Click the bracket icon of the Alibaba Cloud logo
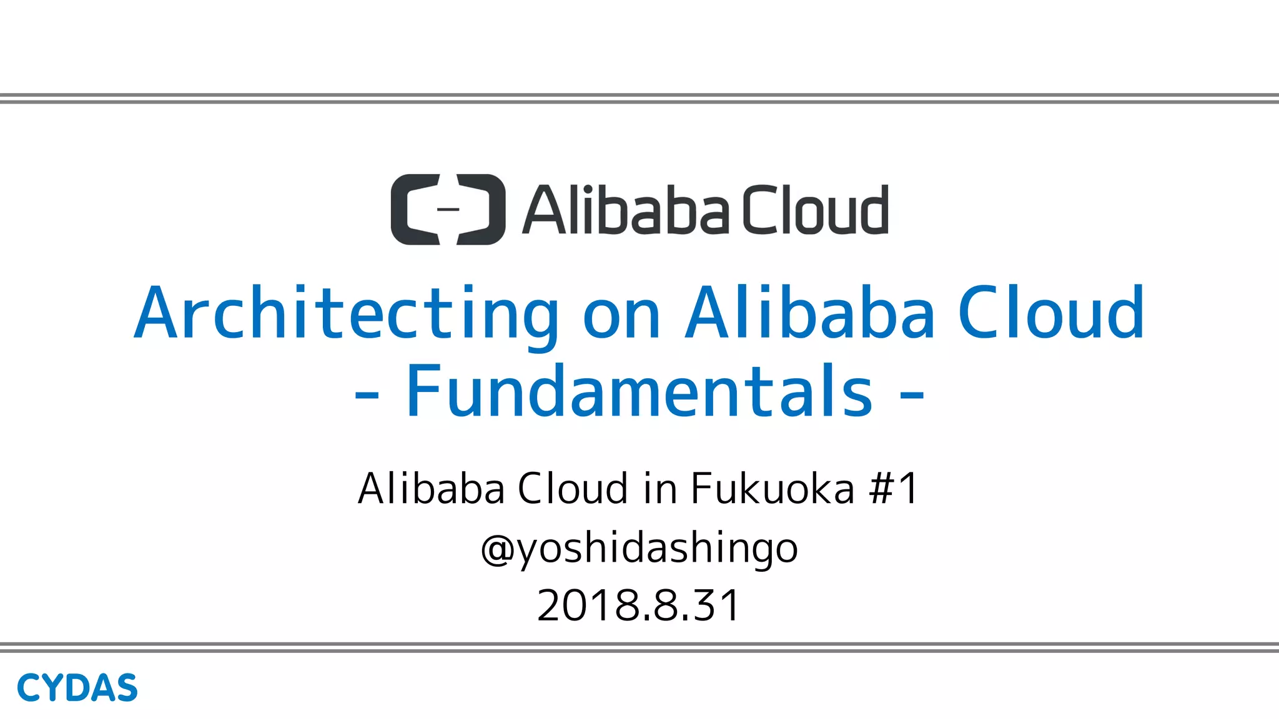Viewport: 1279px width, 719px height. click(447, 209)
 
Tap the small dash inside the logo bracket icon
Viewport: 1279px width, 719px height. click(448, 209)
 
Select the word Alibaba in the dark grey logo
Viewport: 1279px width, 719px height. click(625, 210)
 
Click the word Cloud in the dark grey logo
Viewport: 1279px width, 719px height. click(815, 210)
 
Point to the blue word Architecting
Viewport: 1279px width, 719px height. click(347, 313)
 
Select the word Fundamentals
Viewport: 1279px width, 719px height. click(639, 391)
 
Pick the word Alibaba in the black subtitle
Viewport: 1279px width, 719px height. click(431, 488)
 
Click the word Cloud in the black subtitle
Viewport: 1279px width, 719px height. click(573, 488)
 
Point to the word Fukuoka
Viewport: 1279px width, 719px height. click(772, 488)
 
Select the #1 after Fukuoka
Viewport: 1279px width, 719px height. click(894, 488)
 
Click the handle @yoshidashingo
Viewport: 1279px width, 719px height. click(639, 548)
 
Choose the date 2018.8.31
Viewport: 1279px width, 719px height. click(639, 605)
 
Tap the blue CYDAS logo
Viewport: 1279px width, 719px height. click(77, 688)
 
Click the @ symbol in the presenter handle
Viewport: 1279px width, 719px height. click(498, 549)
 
